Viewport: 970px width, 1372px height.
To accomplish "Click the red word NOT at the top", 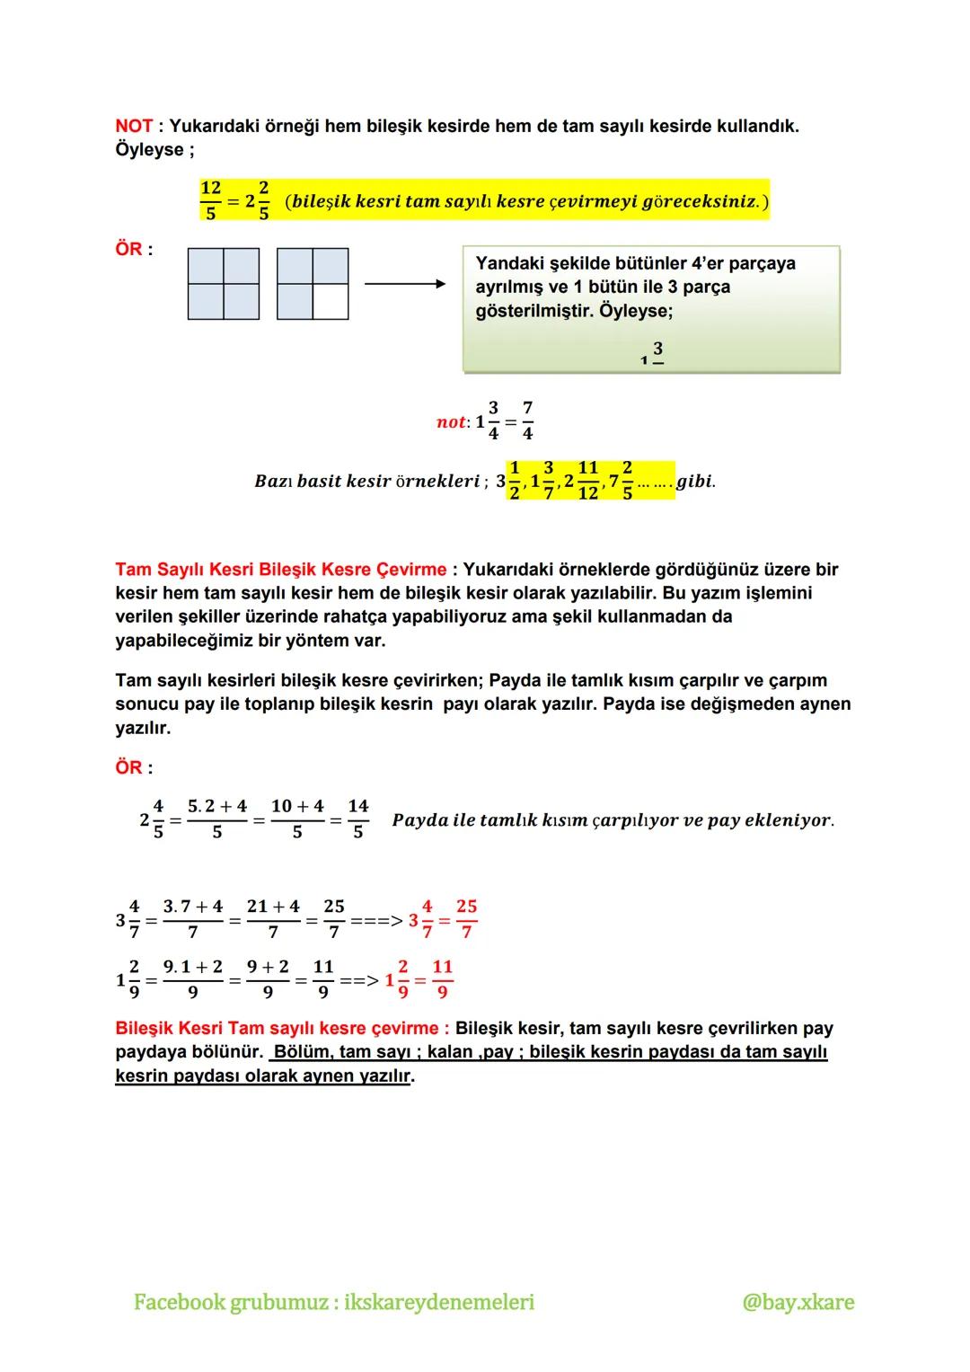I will click(134, 127).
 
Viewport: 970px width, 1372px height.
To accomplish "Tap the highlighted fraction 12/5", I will click(211, 200).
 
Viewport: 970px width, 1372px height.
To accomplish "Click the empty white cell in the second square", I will click(331, 302).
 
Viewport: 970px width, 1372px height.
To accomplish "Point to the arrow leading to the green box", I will click(405, 284).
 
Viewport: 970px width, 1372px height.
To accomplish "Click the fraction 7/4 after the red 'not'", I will click(527, 420).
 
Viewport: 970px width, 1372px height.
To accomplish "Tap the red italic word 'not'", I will click(451, 422).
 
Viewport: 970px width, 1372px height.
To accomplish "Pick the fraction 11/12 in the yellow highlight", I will click(588, 481).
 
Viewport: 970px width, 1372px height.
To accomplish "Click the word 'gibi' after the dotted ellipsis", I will click(695, 481).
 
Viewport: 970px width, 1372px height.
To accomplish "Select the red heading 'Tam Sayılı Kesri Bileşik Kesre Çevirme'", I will click(280, 570).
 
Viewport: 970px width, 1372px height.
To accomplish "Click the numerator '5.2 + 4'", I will click(217, 807).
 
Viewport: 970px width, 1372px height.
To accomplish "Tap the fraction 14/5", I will click(358, 819).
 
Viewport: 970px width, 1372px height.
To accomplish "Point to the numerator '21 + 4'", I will click(273, 907).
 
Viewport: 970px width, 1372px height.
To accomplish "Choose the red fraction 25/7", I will click(466, 918).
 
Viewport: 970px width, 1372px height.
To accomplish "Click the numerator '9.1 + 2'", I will click(192, 967).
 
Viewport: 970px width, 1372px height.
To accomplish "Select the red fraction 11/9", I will click(443, 978).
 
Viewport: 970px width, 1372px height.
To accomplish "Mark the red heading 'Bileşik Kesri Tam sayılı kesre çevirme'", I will click(277, 1028).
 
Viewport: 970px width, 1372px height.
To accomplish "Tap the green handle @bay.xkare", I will click(798, 1302).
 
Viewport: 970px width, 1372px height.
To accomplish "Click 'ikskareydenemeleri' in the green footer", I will click(439, 1302).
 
